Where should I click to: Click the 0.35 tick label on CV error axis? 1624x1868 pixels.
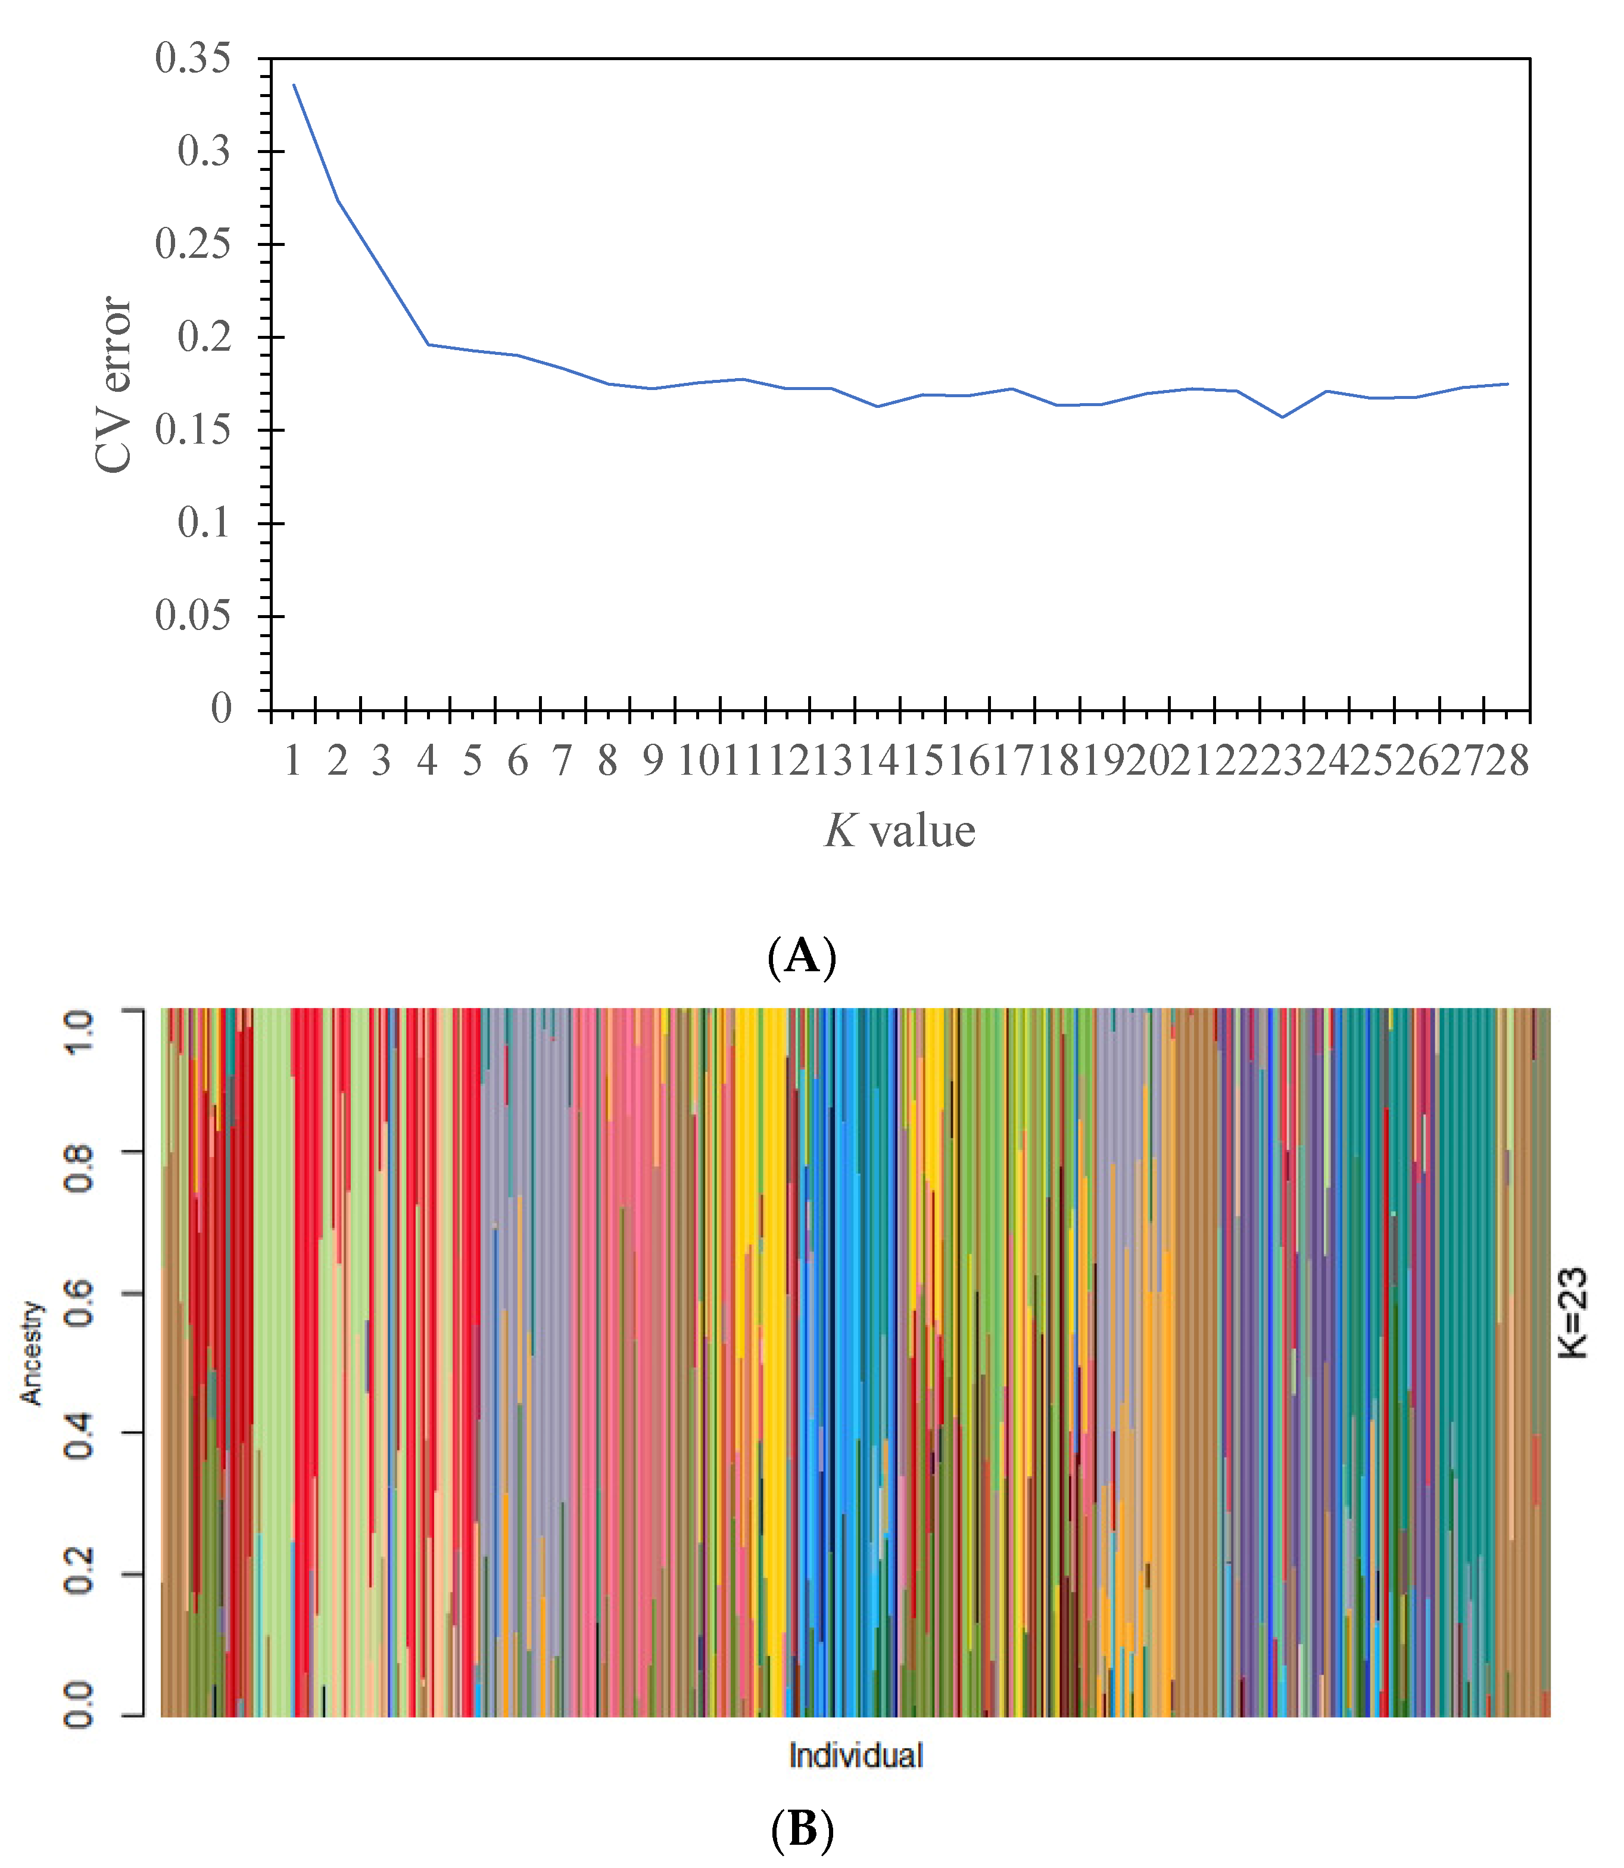(x=192, y=60)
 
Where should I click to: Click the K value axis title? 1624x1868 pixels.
(x=899, y=831)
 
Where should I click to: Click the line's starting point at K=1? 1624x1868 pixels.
(x=294, y=85)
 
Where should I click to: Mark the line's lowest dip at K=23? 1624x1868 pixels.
(x=1282, y=417)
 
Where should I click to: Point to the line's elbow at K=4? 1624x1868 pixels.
(x=428, y=344)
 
